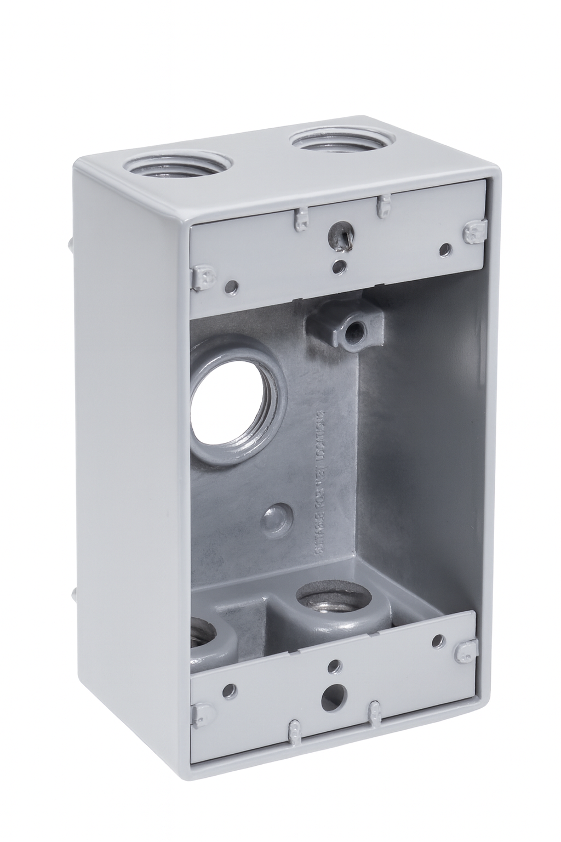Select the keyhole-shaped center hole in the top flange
pos(336,236)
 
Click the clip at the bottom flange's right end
pos(466,649)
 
